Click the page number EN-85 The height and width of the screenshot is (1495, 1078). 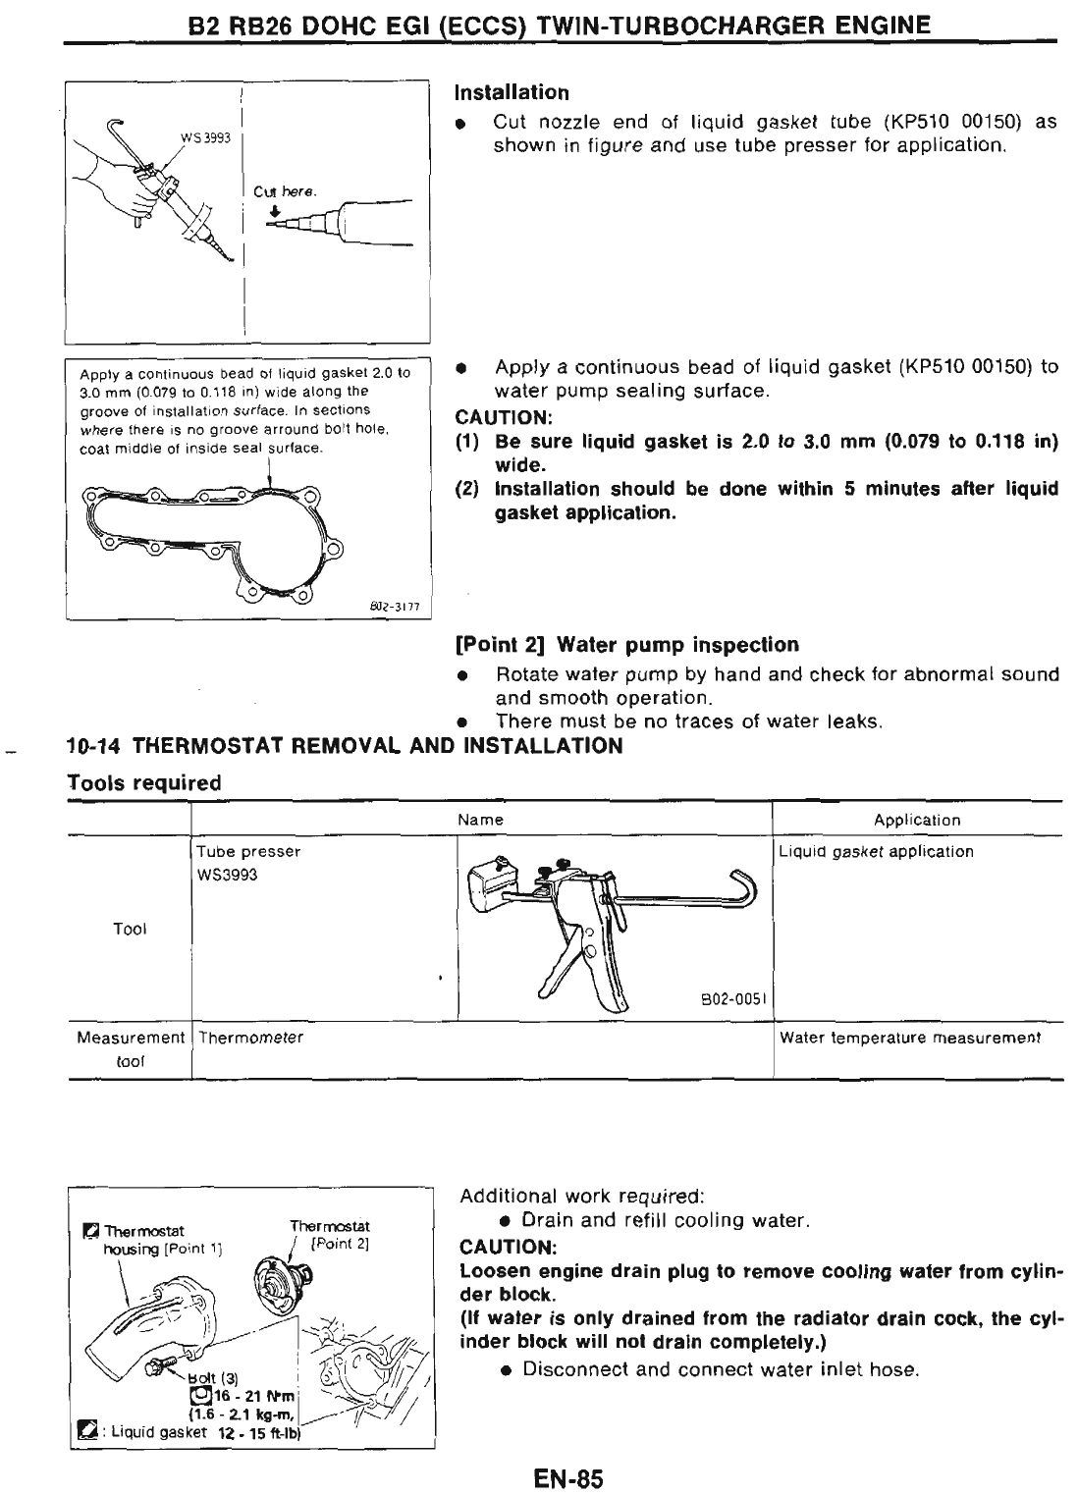click(x=568, y=1478)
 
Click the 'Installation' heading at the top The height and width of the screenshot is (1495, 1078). click(x=511, y=92)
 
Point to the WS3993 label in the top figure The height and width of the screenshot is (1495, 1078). click(x=205, y=138)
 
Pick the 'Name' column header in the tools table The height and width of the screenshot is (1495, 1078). click(x=481, y=820)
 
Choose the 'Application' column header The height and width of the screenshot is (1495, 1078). click(x=917, y=820)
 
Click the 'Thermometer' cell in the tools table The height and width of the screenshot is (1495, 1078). click(x=250, y=1038)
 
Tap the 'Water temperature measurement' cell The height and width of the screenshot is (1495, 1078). click(x=910, y=1038)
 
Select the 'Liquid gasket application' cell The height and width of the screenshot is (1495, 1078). click(x=876, y=851)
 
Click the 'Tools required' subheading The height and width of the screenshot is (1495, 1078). click(x=143, y=782)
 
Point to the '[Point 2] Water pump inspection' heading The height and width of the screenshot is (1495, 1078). click(x=627, y=644)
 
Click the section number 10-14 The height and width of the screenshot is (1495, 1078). click(x=94, y=746)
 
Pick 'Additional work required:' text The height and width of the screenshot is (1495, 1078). click(x=581, y=1197)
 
